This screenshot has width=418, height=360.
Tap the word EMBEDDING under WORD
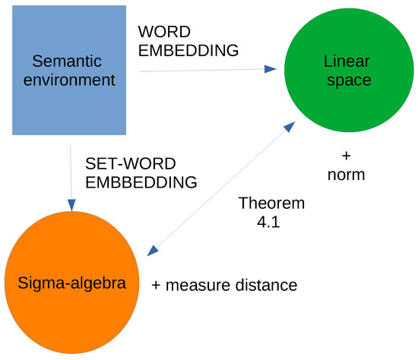[x=188, y=51]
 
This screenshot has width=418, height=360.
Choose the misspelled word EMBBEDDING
[x=141, y=182]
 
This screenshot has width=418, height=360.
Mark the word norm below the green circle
[x=347, y=175]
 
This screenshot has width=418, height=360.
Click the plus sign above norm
[x=347, y=156]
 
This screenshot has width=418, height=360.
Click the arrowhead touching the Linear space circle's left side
[x=270, y=69]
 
